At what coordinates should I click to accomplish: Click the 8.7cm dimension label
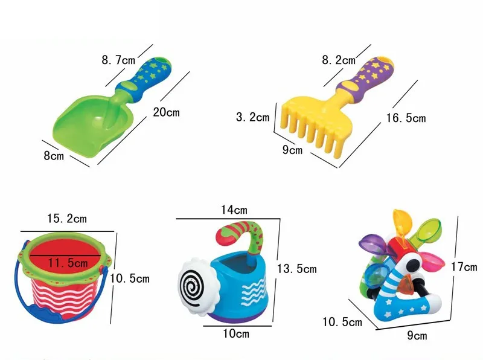(x=118, y=59)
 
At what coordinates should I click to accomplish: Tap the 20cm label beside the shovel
(x=167, y=112)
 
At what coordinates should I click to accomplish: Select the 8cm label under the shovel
(x=54, y=156)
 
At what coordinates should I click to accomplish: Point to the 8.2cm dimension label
(x=339, y=60)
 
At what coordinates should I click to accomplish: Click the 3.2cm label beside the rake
(x=252, y=117)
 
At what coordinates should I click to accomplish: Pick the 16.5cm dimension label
(x=406, y=118)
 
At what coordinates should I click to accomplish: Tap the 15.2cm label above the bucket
(x=67, y=219)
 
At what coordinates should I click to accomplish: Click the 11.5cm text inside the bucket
(x=68, y=263)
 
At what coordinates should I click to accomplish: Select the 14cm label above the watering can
(x=234, y=210)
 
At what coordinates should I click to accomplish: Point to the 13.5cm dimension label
(x=296, y=268)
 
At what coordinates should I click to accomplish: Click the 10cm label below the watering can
(x=236, y=333)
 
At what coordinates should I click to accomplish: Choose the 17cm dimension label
(x=464, y=266)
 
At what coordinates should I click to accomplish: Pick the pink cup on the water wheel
(x=433, y=260)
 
